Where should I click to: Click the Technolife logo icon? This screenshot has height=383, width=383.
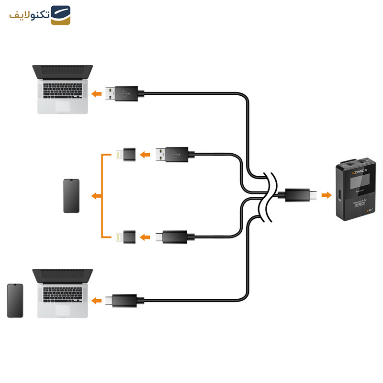(x=61, y=15)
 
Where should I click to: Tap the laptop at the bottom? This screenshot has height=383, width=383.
(x=63, y=293)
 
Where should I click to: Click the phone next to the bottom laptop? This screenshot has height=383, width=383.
(x=15, y=301)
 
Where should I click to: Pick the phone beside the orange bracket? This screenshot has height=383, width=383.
(x=71, y=195)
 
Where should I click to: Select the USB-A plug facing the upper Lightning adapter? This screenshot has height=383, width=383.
(x=175, y=154)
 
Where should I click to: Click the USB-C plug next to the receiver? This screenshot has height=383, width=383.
(x=300, y=195)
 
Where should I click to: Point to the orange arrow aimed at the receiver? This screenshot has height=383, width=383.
(x=326, y=195)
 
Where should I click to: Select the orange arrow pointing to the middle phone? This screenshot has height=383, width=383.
(x=96, y=195)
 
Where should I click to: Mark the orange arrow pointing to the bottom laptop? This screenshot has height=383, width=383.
(x=97, y=301)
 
